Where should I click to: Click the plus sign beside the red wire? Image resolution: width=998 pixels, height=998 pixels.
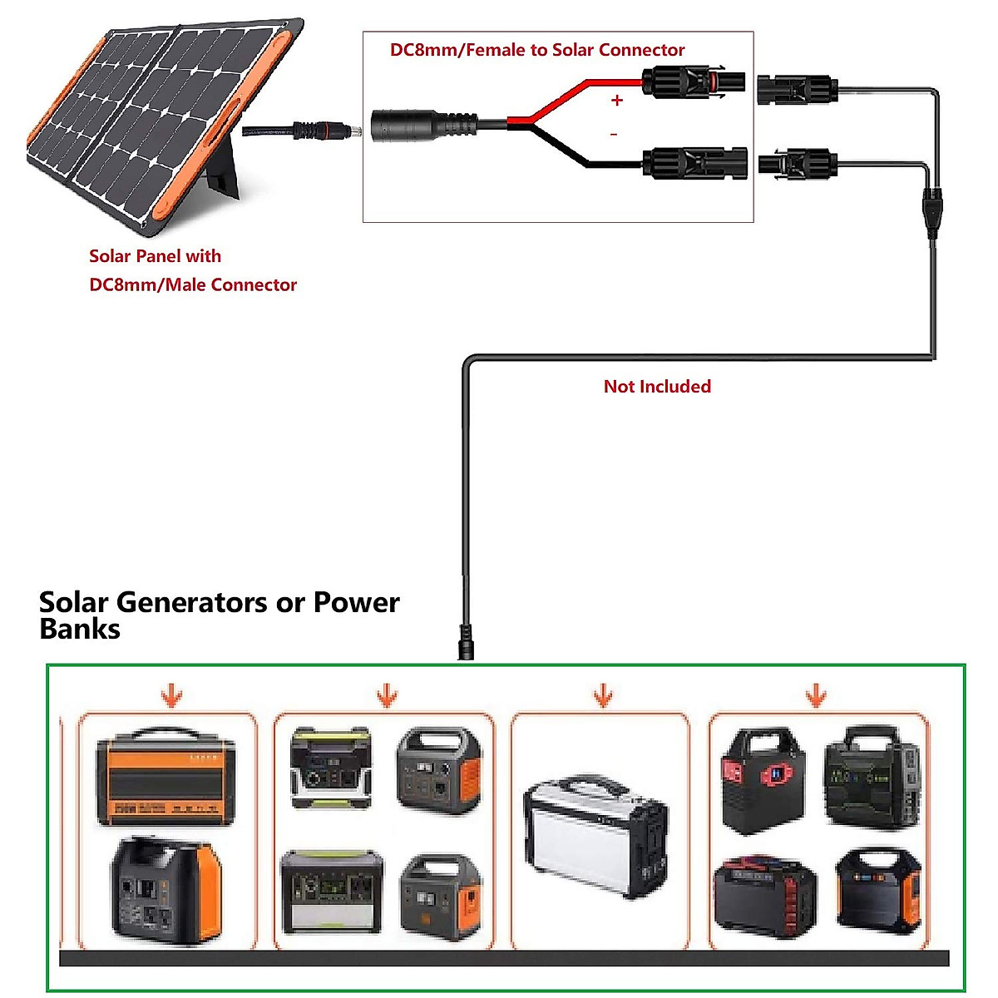[x=616, y=101]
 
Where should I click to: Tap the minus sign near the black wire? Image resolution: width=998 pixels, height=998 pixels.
[x=614, y=134]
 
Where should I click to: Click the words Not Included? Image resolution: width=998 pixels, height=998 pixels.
[x=657, y=386]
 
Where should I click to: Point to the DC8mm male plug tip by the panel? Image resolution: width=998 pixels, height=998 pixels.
[x=348, y=131]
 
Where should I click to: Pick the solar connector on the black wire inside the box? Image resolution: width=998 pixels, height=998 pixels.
[x=695, y=162]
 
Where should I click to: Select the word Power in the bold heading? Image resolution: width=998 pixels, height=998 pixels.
[x=356, y=602]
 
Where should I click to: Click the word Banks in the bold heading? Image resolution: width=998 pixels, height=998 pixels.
[x=80, y=629]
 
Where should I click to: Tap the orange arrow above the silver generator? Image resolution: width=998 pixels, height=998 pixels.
[x=603, y=695]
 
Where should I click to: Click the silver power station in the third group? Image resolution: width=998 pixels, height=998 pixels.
[x=595, y=837]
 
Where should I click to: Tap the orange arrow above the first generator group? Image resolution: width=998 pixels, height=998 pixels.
[x=172, y=695]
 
